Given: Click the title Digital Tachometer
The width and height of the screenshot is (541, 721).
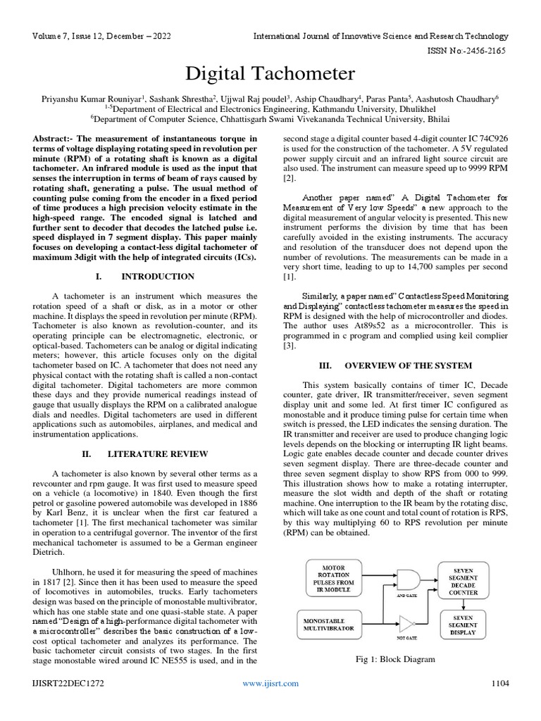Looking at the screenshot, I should pos(270,74).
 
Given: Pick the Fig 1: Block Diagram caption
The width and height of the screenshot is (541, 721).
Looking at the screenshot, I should pos(398,660).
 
